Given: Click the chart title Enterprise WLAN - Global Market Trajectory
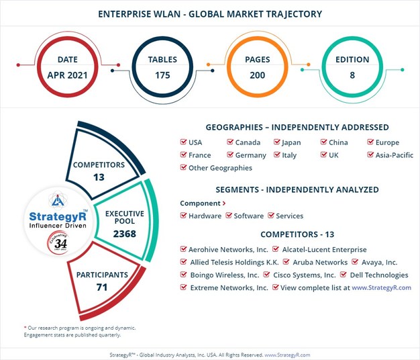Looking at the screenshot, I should click(x=210, y=13).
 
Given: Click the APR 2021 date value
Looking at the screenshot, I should click(x=66, y=74).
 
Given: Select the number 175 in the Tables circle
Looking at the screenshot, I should click(x=162, y=74).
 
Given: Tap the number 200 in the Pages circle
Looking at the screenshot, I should click(x=258, y=74).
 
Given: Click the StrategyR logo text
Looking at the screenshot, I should click(x=58, y=216).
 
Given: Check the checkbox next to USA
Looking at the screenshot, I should click(x=184, y=142).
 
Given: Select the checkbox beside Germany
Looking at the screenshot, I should click(x=230, y=155).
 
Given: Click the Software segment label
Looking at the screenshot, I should click(x=249, y=216).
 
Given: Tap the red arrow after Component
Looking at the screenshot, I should click(x=224, y=203).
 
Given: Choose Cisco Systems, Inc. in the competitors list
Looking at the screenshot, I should click(x=305, y=275).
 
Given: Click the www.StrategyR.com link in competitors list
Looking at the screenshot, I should click(x=381, y=287).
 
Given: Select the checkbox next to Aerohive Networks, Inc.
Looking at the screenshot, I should click(x=184, y=249).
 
